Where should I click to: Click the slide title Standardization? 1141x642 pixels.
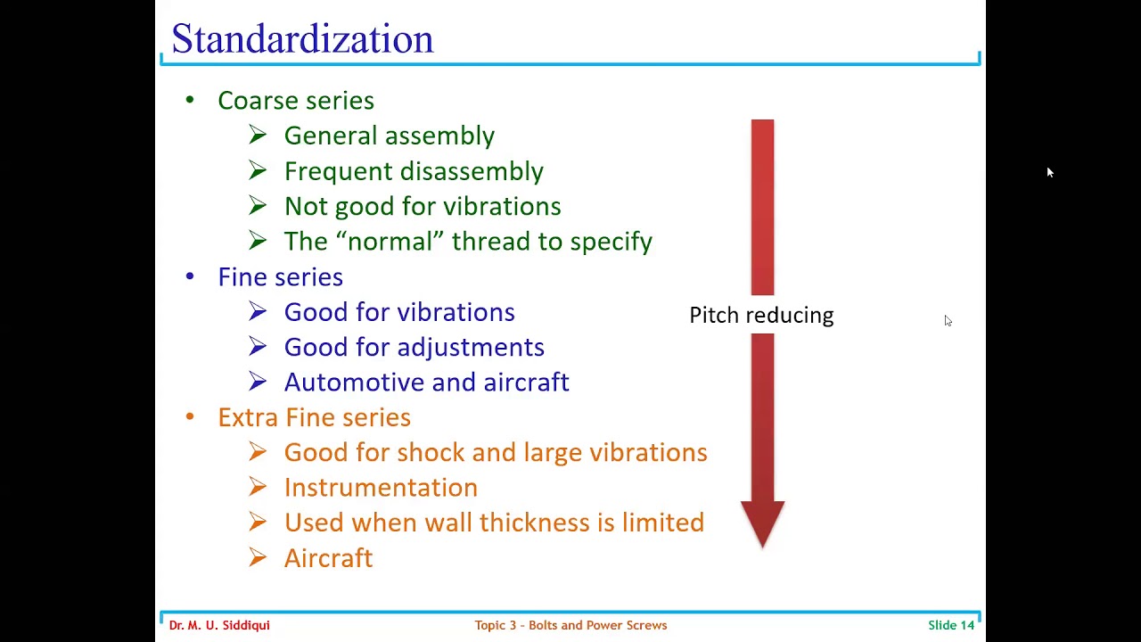coord(302,39)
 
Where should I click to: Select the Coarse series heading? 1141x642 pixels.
coord(295,101)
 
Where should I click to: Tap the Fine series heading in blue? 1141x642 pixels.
coord(280,277)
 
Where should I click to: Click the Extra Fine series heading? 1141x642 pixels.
coord(314,417)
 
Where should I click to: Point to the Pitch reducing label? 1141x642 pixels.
coord(761,316)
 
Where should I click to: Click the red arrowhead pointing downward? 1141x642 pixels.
coord(762,523)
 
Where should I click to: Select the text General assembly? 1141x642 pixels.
coord(389,136)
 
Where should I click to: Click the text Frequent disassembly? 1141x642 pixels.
coord(414,171)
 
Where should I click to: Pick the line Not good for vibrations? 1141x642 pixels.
coord(423,206)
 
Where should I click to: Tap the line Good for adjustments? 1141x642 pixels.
coord(414,347)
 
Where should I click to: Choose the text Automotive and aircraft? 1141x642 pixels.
coord(426,383)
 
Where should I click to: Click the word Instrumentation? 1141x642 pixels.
coord(381,488)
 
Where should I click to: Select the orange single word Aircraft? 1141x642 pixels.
coord(328,558)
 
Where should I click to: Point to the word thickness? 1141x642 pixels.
coord(540,523)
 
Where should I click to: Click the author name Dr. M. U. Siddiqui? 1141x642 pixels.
coord(219,625)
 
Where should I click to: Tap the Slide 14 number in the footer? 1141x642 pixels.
coord(950,625)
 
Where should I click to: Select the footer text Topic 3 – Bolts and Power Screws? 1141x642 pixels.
coord(570,625)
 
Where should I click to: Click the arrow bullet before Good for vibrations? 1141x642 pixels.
coord(258,312)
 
